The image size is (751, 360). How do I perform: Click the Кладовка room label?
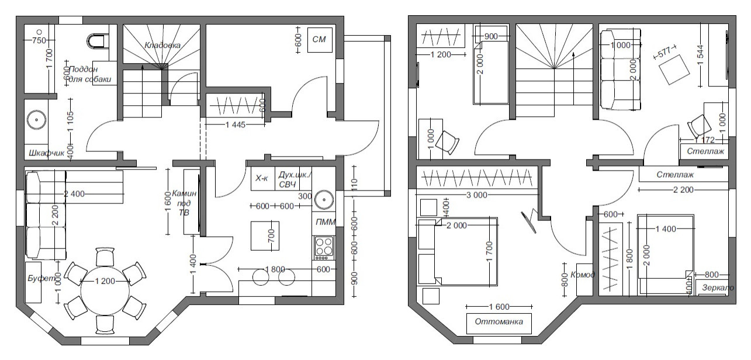[162, 45]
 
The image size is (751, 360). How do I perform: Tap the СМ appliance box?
[320, 40]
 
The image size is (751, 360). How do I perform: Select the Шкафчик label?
[46, 153]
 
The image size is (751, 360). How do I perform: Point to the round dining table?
[105, 290]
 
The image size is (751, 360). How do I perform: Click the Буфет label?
[42, 278]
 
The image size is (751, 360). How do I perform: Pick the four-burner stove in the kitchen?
[324, 248]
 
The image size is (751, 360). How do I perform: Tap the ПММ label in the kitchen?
[325, 222]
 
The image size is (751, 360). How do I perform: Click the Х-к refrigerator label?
[261, 178]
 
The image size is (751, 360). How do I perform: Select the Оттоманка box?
[499, 323]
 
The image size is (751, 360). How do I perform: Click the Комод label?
[583, 275]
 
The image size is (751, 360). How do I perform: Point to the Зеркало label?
[718, 288]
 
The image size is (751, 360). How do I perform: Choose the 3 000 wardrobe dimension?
[476, 195]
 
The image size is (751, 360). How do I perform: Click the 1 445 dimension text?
[236, 124]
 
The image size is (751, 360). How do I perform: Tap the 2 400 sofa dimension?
[74, 194]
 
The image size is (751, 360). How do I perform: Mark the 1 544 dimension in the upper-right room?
[700, 55]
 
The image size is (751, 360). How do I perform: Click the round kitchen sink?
[324, 199]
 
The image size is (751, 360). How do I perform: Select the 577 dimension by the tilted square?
[665, 52]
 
